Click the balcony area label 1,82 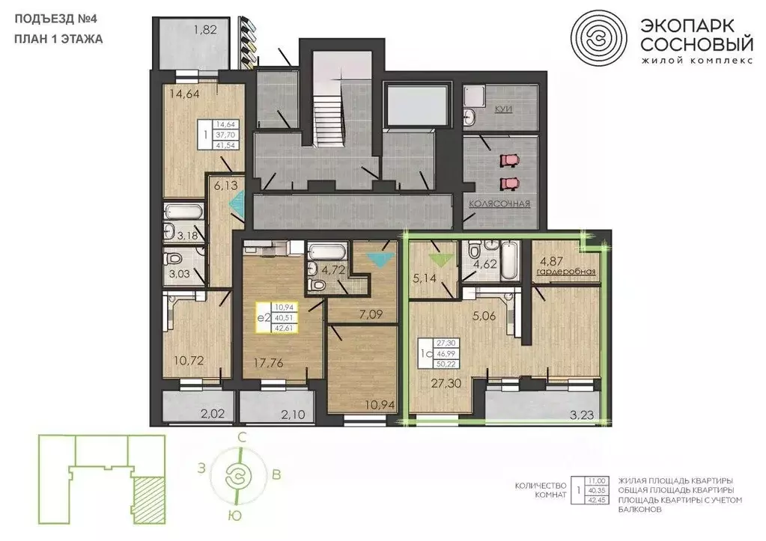tap(205, 30)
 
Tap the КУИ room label tap(503, 109)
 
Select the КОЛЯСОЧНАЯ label tap(499, 204)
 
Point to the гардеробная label tap(567, 272)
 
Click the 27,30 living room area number tap(446, 384)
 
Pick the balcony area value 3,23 tap(582, 415)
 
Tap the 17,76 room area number tap(268, 363)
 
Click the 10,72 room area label tap(189, 361)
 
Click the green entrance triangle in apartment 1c tap(440, 258)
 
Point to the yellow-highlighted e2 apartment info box tap(276, 317)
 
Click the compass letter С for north tap(241, 438)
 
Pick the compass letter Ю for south tap(235, 516)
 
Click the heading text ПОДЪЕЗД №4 tap(55, 19)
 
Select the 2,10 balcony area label tap(293, 415)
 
